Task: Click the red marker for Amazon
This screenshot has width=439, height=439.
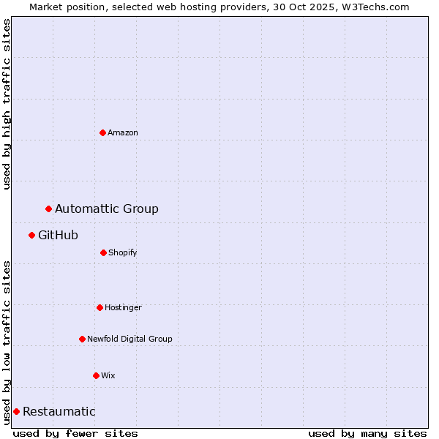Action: (102, 132)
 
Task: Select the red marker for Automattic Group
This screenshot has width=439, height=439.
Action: (48, 209)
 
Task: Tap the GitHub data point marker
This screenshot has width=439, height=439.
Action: (31, 235)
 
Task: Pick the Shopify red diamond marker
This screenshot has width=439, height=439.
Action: (103, 252)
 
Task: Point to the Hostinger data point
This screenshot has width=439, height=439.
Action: (100, 307)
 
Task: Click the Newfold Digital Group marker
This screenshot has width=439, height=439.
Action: (82, 339)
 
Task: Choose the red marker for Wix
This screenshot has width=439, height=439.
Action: (96, 375)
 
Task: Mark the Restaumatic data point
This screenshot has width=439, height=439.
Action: (16, 411)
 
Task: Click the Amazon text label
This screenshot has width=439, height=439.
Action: (123, 132)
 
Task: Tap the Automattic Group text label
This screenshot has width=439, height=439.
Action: (107, 209)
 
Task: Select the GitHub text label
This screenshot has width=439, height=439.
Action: (58, 235)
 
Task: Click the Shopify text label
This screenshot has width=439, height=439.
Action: (123, 252)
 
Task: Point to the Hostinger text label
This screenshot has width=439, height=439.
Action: (123, 307)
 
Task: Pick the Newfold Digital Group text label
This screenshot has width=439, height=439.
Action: (130, 339)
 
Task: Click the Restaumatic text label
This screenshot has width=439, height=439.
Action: (59, 411)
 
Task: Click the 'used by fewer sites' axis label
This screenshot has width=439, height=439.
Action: (75, 433)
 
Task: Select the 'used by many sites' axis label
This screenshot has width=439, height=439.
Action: (367, 433)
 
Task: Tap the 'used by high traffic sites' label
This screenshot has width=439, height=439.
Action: (7, 104)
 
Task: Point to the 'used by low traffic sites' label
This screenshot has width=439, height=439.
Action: (7, 342)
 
